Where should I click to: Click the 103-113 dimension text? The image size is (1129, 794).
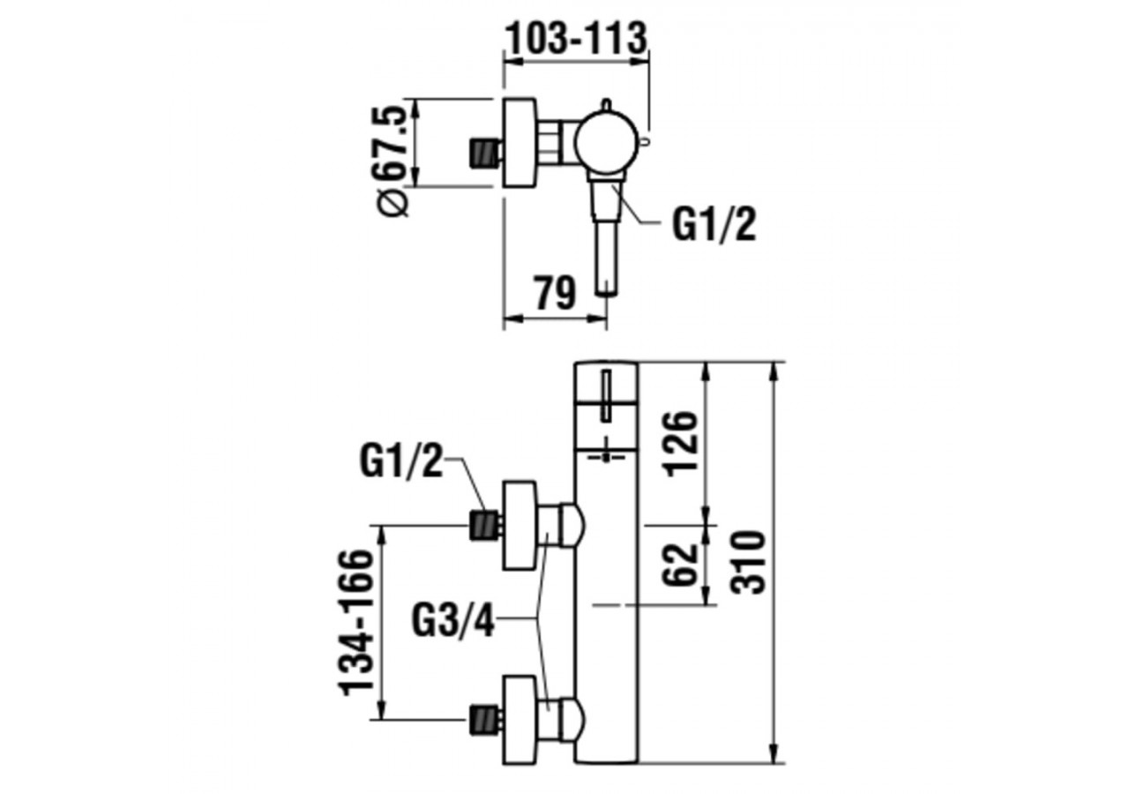pos(576,37)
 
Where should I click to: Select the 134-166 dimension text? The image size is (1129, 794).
pos(357,622)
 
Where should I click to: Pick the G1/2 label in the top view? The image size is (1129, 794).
pos(714,225)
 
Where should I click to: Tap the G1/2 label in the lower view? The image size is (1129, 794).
pos(400,461)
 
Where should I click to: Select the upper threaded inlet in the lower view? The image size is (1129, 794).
pos(483,526)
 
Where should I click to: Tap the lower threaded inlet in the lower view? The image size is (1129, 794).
pos(483,718)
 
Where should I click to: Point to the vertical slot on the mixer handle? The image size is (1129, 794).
pos(608,397)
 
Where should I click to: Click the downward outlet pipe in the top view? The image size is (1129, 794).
pos(606,258)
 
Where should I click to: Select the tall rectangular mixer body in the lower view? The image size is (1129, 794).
pos(606,618)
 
